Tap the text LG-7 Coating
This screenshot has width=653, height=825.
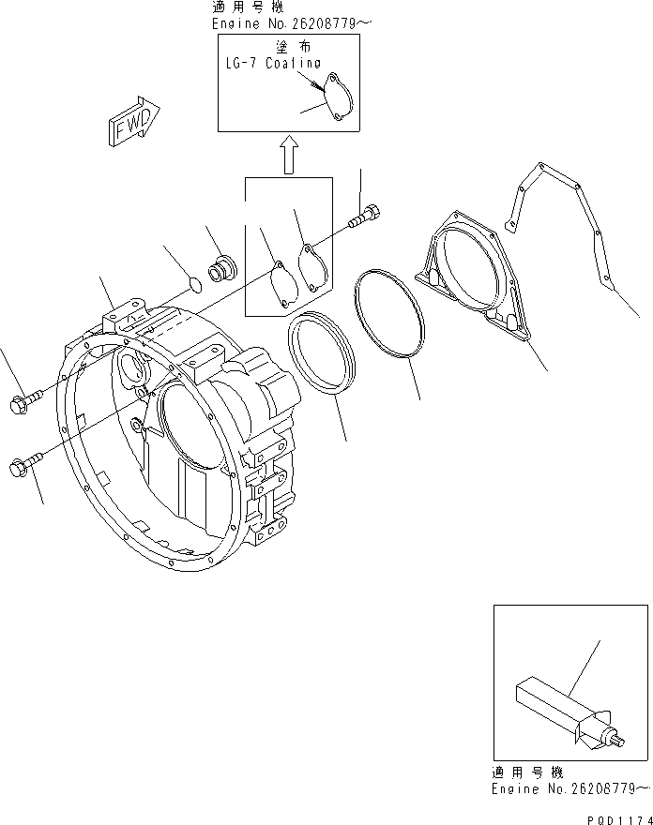click(x=271, y=64)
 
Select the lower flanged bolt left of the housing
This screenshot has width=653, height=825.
click(x=24, y=463)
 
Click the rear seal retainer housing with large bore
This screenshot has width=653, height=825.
click(x=469, y=281)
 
